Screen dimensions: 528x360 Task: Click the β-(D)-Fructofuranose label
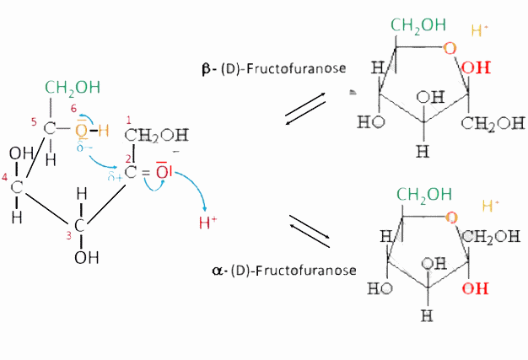pos(274,68)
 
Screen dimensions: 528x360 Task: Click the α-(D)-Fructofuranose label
pos(284,270)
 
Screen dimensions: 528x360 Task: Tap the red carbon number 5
pos(34,122)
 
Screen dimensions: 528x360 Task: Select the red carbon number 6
pos(73,108)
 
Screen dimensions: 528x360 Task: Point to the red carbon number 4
pos(4,177)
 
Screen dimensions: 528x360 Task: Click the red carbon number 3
pos(68,235)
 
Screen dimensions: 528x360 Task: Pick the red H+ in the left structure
pos(207,223)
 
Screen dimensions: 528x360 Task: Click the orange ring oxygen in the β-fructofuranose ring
pos(450,48)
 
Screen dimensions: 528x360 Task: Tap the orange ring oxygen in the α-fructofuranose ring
pos(451,218)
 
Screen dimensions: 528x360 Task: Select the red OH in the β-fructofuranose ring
pos(476,67)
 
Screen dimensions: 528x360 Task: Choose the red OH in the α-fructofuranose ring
pos(475,288)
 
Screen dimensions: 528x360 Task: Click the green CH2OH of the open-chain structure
pos(73,88)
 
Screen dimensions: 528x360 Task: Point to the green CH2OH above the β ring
pos(418,25)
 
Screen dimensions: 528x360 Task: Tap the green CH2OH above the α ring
pos(424,195)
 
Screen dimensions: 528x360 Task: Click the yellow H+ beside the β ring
pos(480,30)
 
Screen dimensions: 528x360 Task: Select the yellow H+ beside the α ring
pos(490,205)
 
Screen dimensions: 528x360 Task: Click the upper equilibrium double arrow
pos(305,109)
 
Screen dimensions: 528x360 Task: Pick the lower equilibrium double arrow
pos(310,231)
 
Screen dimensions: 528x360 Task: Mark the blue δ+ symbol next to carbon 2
pos(115,176)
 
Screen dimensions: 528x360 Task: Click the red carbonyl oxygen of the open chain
pos(164,170)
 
